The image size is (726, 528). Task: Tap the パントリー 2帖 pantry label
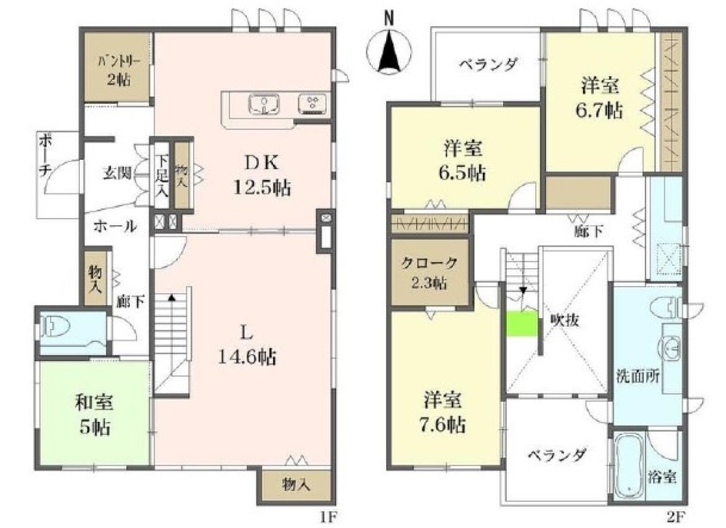coord(118,70)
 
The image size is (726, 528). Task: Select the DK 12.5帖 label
coord(262,175)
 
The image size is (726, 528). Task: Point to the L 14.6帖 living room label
coord(248,344)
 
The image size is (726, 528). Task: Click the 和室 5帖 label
coord(94,414)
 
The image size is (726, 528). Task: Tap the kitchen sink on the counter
coord(264,104)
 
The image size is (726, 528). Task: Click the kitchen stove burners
coord(312,103)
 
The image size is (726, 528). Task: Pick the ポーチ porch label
coord(45,155)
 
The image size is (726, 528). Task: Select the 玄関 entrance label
coord(117,174)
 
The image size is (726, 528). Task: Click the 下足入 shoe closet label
coord(162,176)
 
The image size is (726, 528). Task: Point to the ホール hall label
coord(115,227)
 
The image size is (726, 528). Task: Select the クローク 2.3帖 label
coord(429,273)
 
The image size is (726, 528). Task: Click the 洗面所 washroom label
coord(637,375)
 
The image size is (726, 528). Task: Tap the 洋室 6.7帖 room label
coord(600,98)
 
